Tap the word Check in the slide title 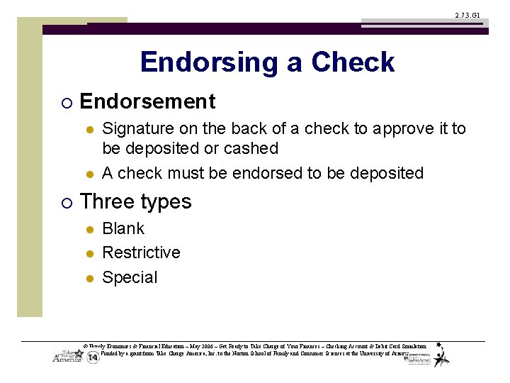(353, 62)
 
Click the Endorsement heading (147, 102)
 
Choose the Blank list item (123, 228)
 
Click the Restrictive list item (141, 252)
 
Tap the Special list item (130, 277)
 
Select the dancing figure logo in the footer (442, 355)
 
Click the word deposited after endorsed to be (384, 173)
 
